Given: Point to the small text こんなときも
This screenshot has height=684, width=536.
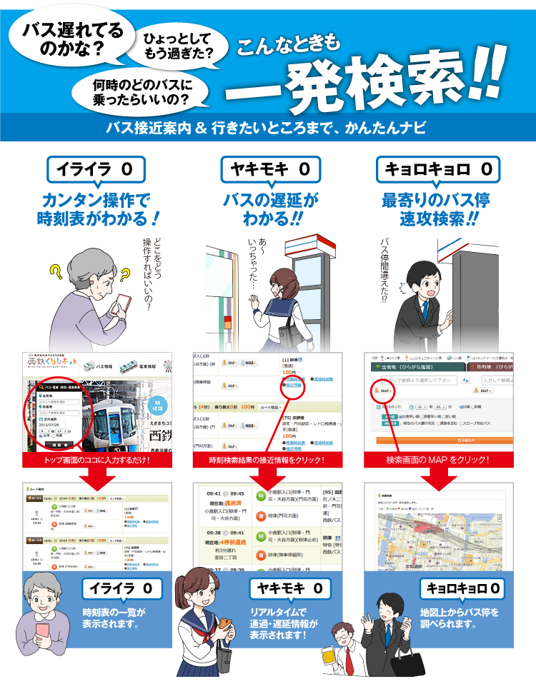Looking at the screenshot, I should click(289, 47).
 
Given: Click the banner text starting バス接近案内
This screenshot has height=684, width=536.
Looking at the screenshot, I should click(265, 129).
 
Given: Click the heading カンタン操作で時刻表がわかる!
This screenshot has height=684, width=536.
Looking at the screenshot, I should click(99, 208).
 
